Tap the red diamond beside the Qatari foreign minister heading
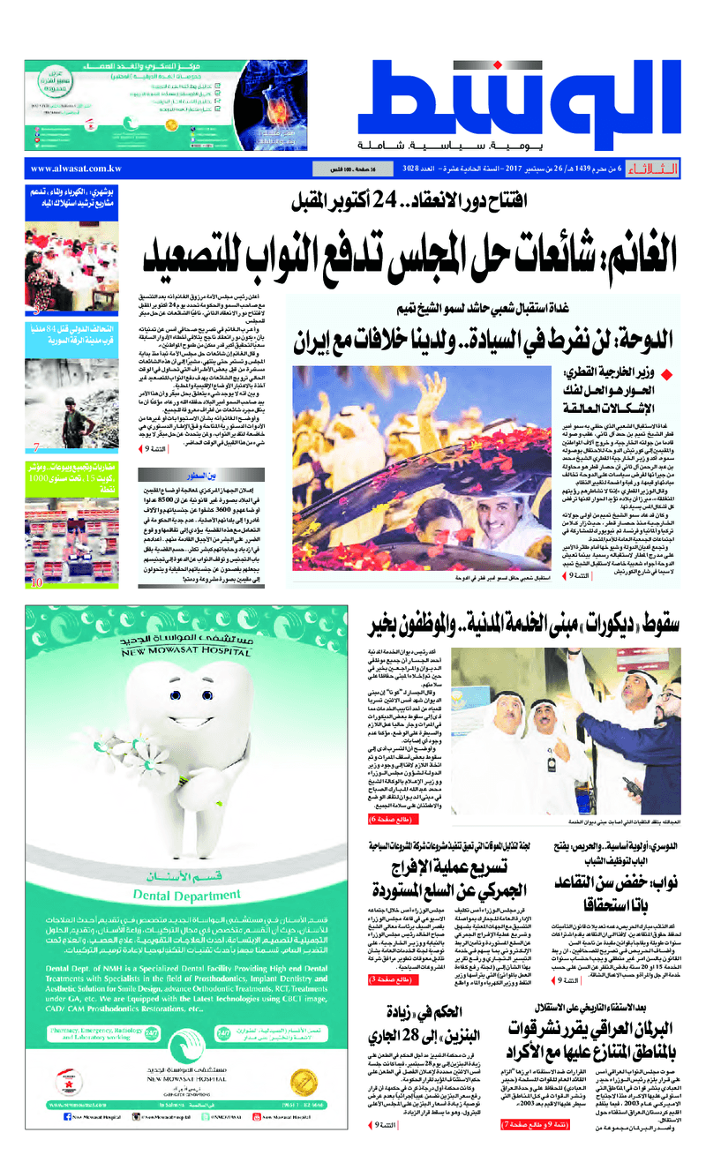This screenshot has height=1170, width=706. point(679,372)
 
